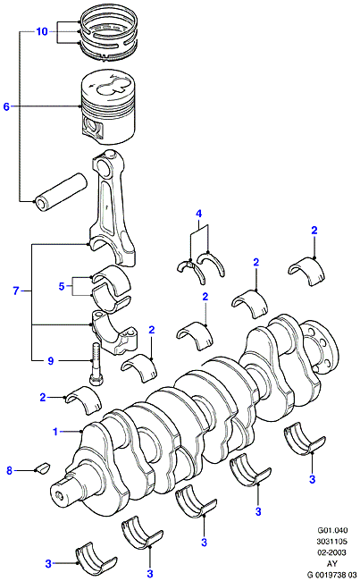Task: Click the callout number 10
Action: (x=42, y=31)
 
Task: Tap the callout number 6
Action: (x=6, y=106)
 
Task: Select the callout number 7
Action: (x=15, y=290)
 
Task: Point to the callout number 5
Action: (x=62, y=286)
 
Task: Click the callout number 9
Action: (x=51, y=360)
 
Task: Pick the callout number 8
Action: (x=9, y=470)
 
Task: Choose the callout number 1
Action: (x=55, y=432)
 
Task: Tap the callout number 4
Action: (x=199, y=214)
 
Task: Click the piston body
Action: (x=108, y=107)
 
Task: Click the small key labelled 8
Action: (x=43, y=467)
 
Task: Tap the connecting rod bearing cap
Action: (x=114, y=332)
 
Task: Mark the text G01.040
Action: (x=332, y=530)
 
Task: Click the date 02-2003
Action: (x=332, y=552)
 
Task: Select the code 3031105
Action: (x=332, y=542)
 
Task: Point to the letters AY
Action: (x=332, y=564)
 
